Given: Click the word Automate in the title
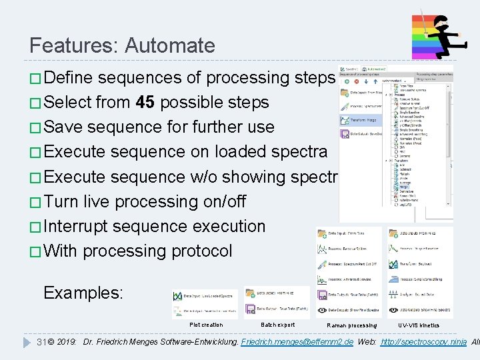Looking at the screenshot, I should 169,45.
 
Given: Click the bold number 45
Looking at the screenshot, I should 145,102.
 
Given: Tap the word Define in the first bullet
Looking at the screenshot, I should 69,77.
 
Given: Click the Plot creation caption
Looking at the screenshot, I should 207,325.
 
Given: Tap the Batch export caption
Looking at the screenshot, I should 277,325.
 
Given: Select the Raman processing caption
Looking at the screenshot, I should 351,325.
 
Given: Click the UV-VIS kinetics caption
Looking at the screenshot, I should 419,325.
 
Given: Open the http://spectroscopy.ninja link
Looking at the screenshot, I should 422,342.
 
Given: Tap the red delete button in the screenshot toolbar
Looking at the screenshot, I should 356,81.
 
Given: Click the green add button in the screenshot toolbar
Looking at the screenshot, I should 347,81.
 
